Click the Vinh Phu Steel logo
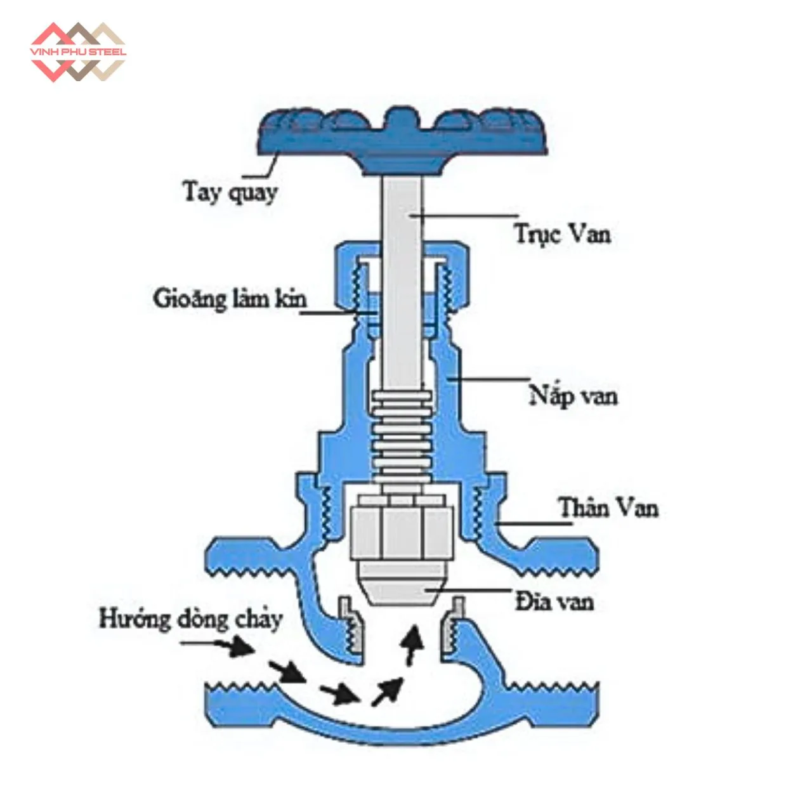click(x=78, y=51)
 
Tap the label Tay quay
click(x=230, y=191)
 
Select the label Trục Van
click(x=562, y=234)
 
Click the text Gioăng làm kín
click(x=230, y=298)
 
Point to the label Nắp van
click(x=573, y=396)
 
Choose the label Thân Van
click(x=608, y=508)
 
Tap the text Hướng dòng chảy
click(x=190, y=619)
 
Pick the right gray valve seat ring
click(x=452, y=628)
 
